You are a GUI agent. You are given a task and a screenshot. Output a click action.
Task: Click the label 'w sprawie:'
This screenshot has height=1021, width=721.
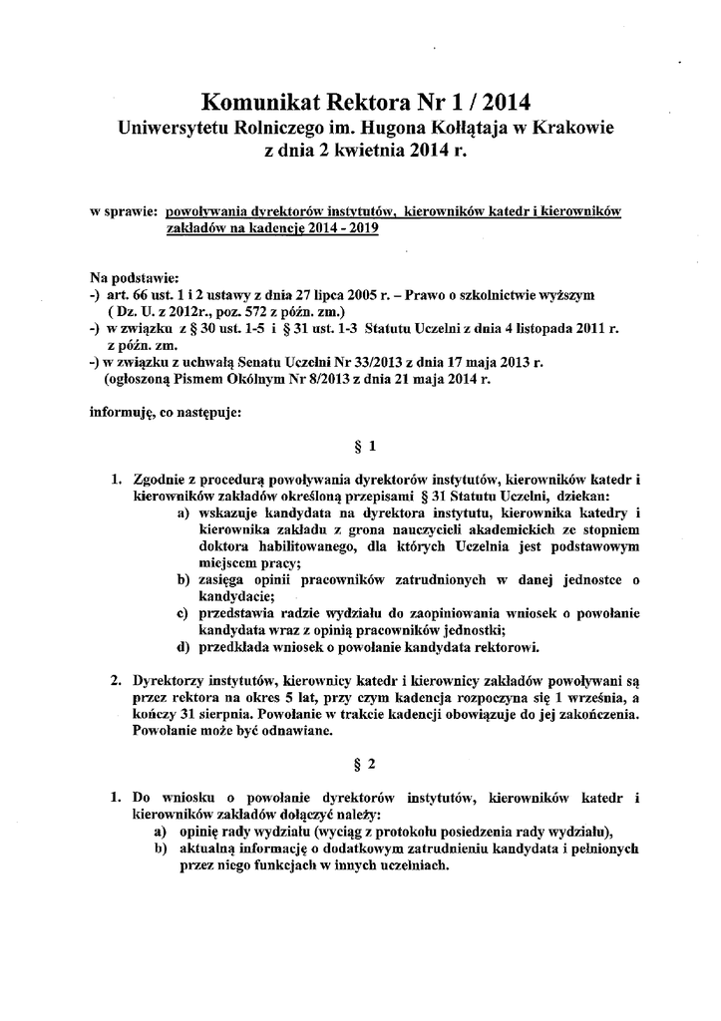[124, 212]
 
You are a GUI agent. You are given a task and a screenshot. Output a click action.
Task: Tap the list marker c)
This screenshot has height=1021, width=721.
[182, 612]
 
